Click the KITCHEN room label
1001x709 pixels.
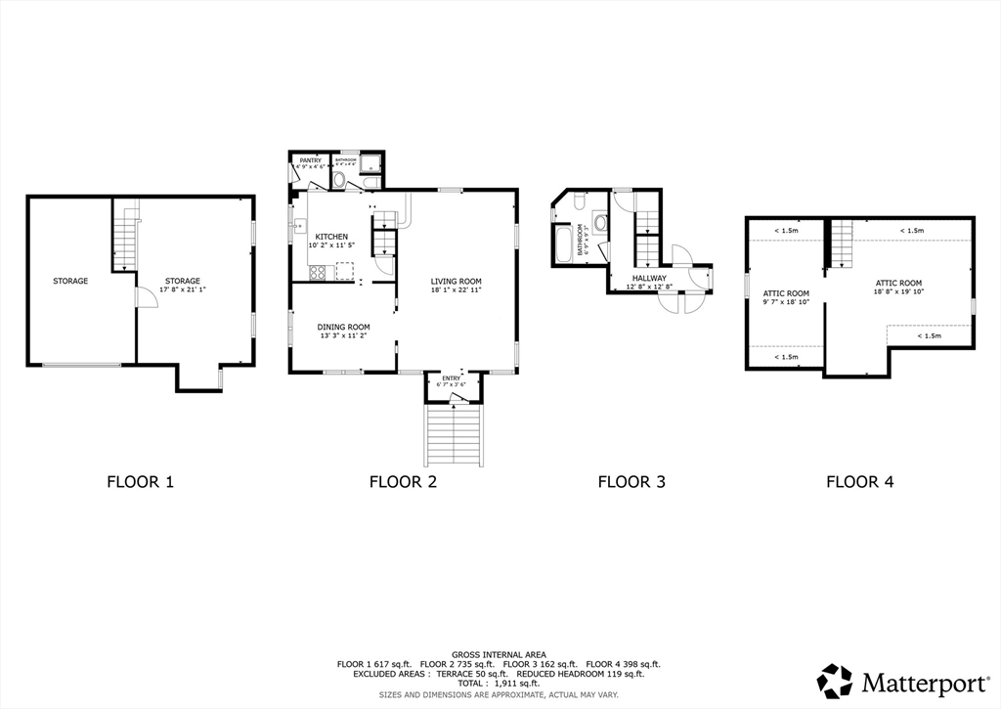click(331, 237)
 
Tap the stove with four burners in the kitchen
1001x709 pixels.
click(318, 273)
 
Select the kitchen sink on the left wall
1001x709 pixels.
click(294, 226)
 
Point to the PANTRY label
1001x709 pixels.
click(311, 159)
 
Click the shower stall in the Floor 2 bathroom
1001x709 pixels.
click(371, 163)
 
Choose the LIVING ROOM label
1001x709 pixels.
click(457, 282)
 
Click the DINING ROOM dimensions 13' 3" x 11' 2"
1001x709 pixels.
click(343, 336)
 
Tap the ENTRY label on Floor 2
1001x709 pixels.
click(452, 377)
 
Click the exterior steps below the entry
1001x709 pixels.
click(454, 435)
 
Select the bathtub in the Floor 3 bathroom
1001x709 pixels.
click(565, 244)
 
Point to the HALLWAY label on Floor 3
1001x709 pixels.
click(649, 279)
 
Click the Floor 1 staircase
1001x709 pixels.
click(124, 235)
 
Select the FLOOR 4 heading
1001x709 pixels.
click(859, 481)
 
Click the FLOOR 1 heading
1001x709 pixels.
click(140, 481)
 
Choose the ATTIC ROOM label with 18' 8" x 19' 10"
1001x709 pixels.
click(898, 283)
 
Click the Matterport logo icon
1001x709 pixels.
click(835, 681)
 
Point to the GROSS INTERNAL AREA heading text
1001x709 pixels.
click(499, 654)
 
